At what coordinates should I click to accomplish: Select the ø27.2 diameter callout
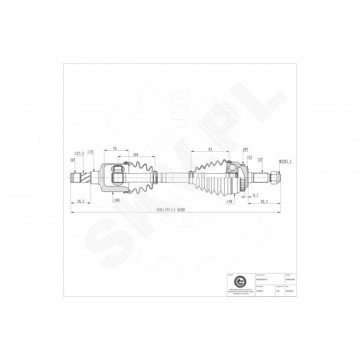pyautogui.click(x=79, y=153)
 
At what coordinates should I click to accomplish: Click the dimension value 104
pyautogui.click(x=135, y=154)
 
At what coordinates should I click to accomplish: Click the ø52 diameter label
pyautogui.click(x=249, y=157)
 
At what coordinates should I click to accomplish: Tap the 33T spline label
pyautogui.click(x=260, y=160)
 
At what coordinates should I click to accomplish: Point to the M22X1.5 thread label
pyautogui.click(x=285, y=161)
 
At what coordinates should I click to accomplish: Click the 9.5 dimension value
pyautogui.click(x=256, y=195)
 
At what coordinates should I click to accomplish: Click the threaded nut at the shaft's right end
pyautogui.click(x=275, y=178)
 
